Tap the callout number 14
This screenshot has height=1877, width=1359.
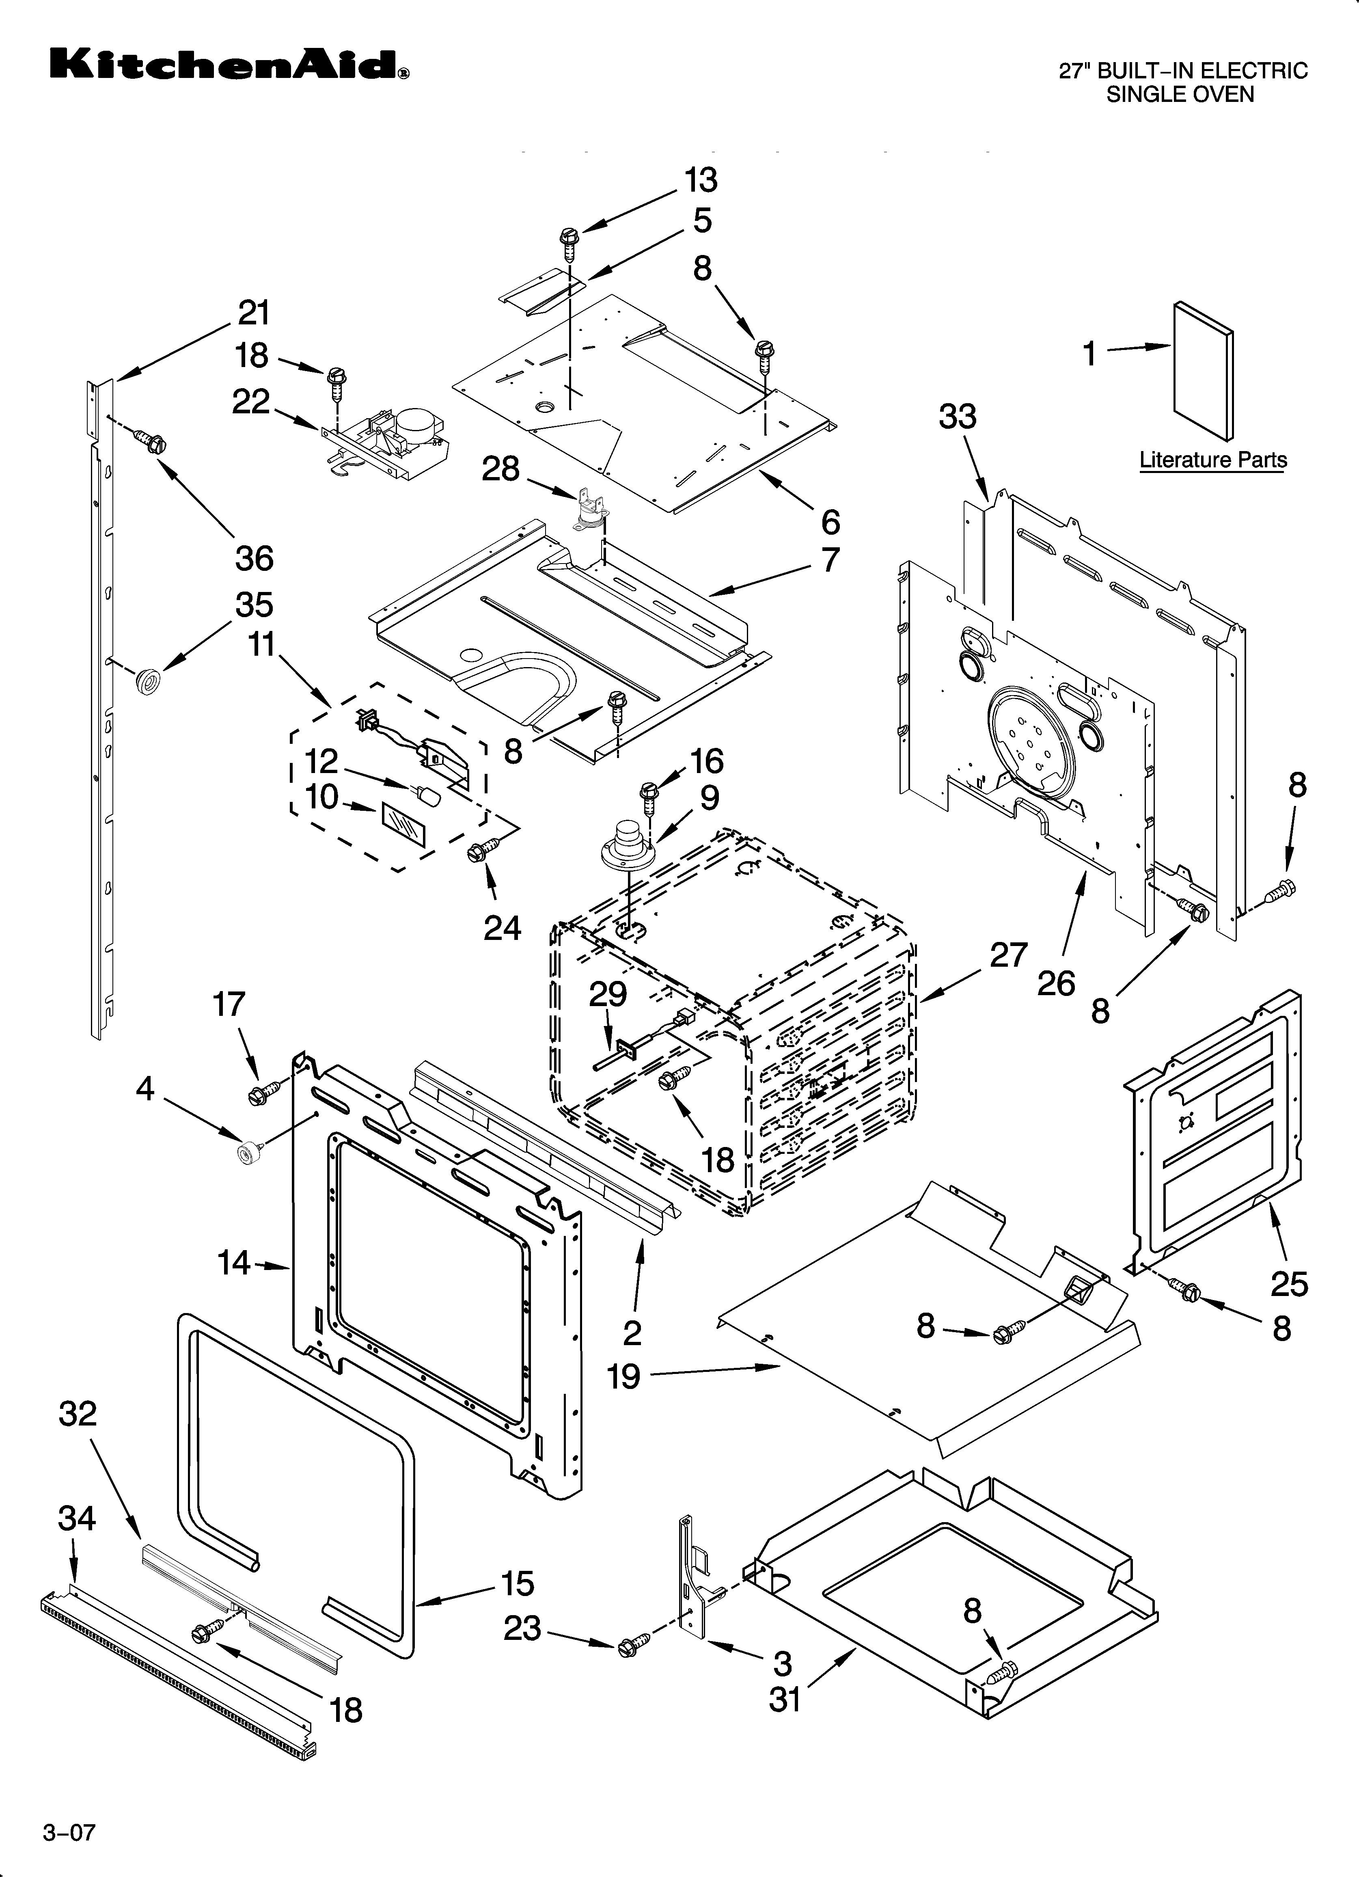point(233,1263)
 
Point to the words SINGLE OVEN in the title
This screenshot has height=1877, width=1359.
point(1180,94)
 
